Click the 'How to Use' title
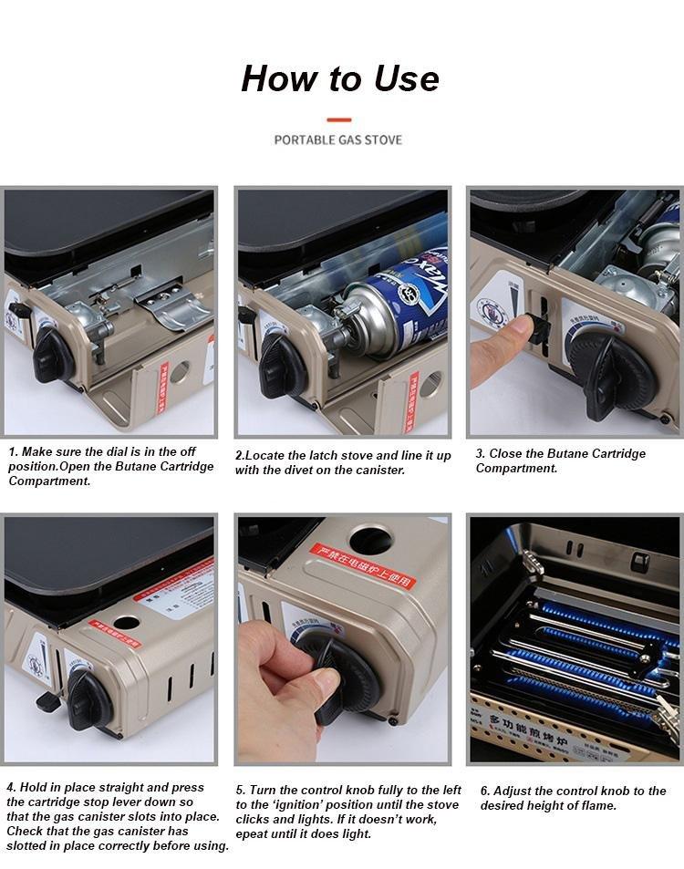[339, 78]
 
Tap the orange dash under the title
[338, 119]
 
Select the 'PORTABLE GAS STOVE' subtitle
[338, 140]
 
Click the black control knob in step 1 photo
[54, 355]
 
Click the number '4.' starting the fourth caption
[12, 787]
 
